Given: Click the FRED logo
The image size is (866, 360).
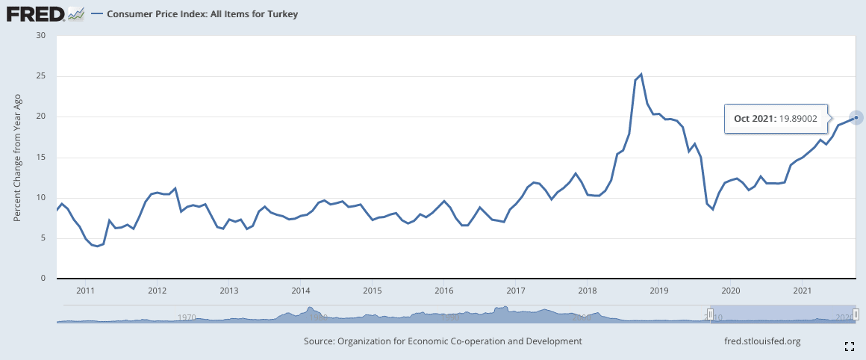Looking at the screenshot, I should pyautogui.click(x=34, y=13).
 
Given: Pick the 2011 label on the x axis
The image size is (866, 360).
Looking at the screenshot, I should pyautogui.click(x=85, y=290).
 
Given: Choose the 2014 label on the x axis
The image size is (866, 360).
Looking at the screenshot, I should pyautogui.click(x=300, y=290).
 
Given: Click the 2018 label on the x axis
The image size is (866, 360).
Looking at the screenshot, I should pyautogui.click(x=587, y=290).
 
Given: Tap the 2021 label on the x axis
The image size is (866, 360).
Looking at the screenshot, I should pyautogui.click(x=802, y=290).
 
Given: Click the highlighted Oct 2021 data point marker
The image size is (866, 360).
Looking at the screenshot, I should pyautogui.click(x=856, y=117).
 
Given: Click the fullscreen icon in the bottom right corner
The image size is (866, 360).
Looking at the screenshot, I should pyautogui.click(x=849, y=346).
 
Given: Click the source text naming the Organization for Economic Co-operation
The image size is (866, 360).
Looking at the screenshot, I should pyautogui.click(x=443, y=341).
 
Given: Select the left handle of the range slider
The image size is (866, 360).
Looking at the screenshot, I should pyautogui.click(x=710, y=314).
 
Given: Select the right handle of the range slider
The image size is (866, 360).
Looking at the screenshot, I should pyautogui.click(x=856, y=314).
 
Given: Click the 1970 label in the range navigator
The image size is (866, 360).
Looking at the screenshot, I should pyautogui.click(x=187, y=317).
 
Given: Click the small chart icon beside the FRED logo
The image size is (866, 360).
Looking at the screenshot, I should pyautogui.click(x=75, y=13).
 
